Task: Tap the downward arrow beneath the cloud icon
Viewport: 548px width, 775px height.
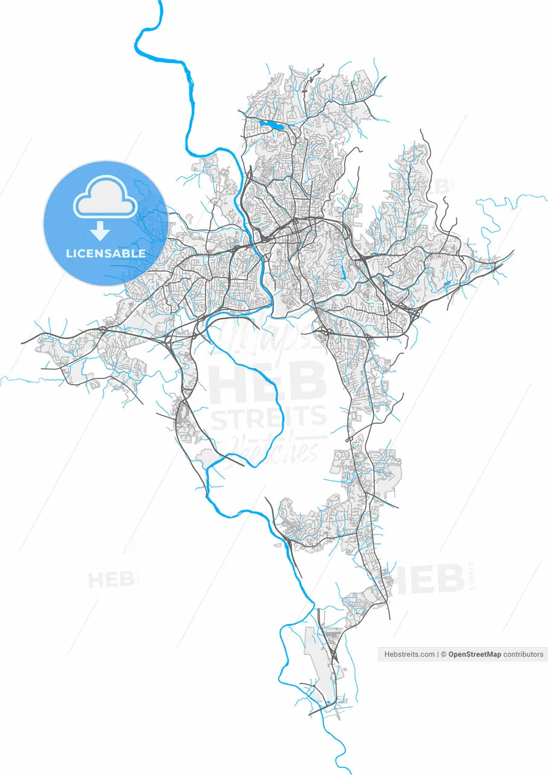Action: [100, 231]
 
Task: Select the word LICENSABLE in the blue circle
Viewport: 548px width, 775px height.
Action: [106, 253]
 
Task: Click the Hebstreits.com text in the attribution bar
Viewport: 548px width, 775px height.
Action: [409, 655]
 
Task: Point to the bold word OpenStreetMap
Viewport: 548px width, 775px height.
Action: [474, 655]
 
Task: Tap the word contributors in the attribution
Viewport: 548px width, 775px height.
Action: [523, 655]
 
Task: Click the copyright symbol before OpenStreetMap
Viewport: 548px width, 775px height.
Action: [443, 655]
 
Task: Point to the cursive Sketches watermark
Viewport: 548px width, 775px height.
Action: [272, 449]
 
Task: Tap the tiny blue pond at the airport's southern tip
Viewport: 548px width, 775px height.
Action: [328, 703]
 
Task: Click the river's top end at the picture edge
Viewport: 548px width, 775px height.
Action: [161, 2]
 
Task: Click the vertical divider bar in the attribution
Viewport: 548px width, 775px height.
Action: [439, 655]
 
